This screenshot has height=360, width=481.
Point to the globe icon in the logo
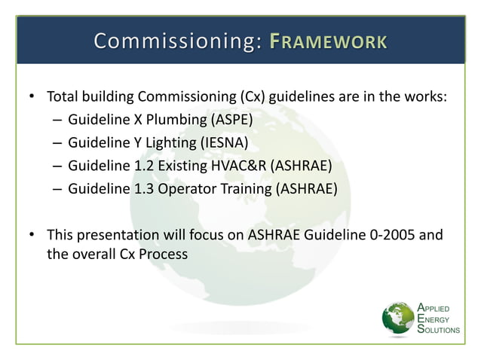click(x=397, y=319)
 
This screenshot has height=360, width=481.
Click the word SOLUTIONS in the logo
click(x=438, y=331)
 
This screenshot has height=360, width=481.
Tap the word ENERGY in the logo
click(x=433, y=319)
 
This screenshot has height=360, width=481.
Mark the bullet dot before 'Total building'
click(x=32, y=97)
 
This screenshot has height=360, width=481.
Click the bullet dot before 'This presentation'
click(x=32, y=235)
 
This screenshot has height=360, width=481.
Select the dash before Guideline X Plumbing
click(x=58, y=120)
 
